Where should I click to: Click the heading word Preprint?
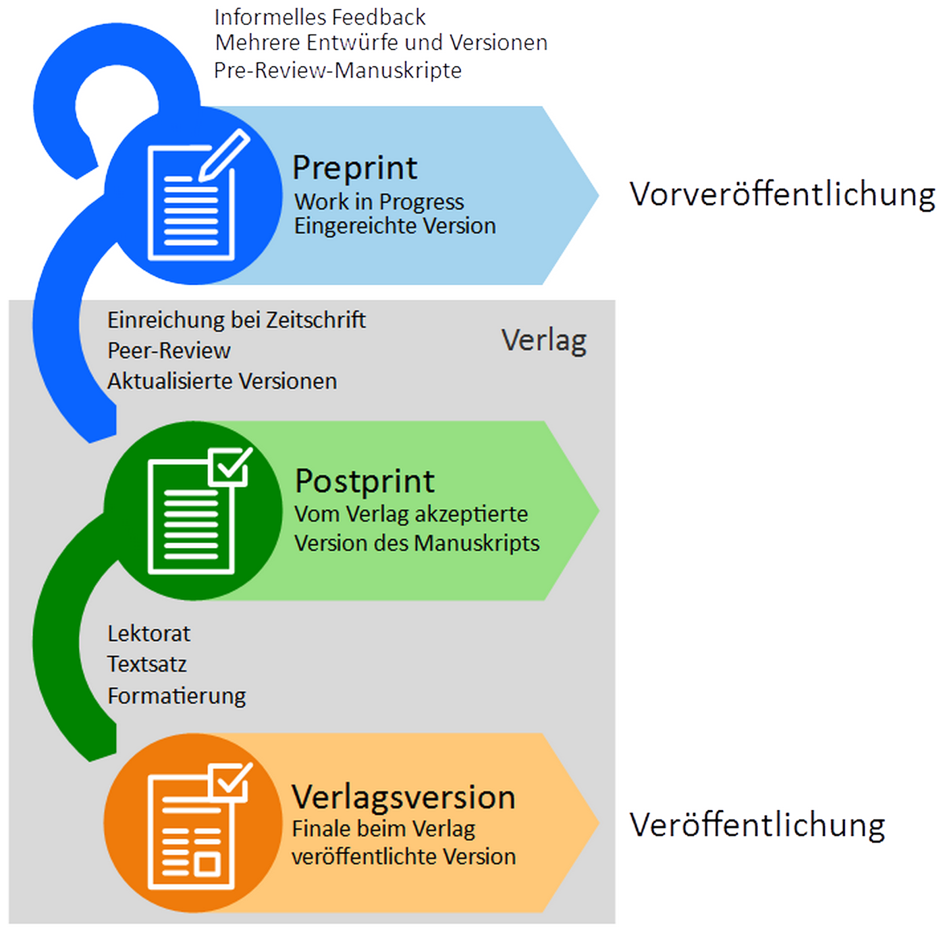click(355, 168)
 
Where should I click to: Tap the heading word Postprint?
click(364, 482)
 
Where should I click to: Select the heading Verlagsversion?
click(403, 797)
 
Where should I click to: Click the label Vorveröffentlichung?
click(782, 195)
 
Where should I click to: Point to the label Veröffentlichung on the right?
click(757, 825)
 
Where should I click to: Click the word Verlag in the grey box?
click(543, 341)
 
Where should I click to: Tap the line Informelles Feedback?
click(320, 17)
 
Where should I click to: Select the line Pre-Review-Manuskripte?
click(337, 70)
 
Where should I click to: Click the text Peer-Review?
click(169, 351)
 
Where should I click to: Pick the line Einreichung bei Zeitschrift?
click(236, 320)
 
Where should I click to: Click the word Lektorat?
click(148, 634)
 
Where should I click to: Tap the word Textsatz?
click(146, 664)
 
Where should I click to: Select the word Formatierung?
click(177, 696)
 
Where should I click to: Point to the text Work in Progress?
click(379, 202)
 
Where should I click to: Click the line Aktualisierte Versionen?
click(222, 381)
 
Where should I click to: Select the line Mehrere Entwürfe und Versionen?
click(381, 43)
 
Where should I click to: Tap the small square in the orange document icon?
click(207, 864)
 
